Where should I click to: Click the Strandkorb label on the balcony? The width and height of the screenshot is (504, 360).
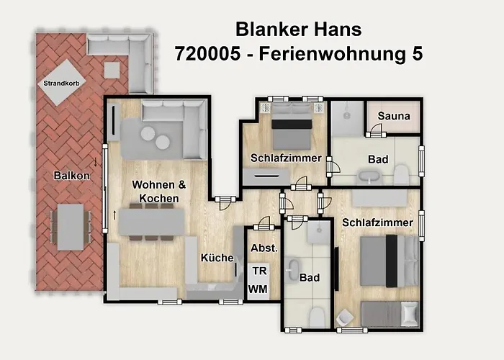pos(61,84)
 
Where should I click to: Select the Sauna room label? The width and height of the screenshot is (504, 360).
pos(393,116)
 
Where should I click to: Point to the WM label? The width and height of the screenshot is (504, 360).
pos(258,289)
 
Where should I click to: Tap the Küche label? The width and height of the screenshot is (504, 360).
pos(216,258)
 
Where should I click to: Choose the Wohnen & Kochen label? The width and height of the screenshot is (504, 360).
pos(159,192)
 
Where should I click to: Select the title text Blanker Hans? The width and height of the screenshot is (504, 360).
pos(298,29)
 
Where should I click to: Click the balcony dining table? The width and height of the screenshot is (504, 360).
pos(71,226)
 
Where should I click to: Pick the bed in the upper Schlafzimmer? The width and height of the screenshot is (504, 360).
pos(292,122)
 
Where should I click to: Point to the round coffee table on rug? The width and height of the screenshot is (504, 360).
pos(156,138)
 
